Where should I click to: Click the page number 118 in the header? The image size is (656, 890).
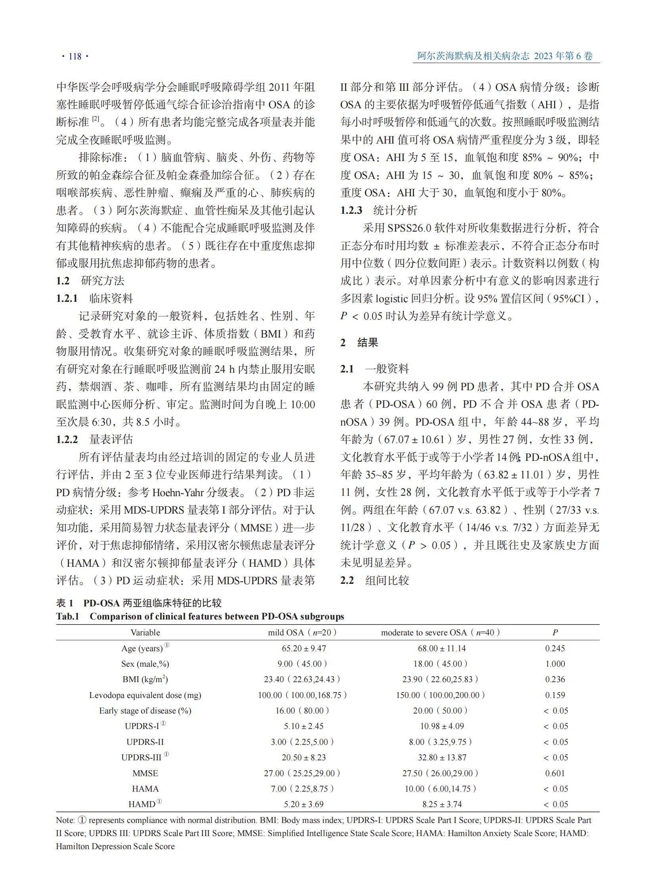(75, 56)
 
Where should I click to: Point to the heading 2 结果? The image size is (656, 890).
(359, 342)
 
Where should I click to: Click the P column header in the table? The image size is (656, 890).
(555, 632)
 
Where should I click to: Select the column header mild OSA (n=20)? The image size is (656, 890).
(303, 632)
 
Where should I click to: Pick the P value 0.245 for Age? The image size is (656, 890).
(555, 648)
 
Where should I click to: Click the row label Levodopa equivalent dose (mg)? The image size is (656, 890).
(145, 695)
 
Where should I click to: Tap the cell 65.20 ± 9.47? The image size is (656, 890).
(304, 648)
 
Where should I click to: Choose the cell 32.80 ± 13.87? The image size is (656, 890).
(442, 758)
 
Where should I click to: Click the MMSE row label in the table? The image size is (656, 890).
(145, 773)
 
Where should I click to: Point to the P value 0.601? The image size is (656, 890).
(555, 773)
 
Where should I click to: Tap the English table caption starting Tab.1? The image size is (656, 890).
(200, 616)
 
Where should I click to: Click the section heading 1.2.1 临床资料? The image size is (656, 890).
(94, 298)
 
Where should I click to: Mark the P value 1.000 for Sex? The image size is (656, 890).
(555, 664)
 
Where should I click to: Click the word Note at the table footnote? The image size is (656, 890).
(65, 820)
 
